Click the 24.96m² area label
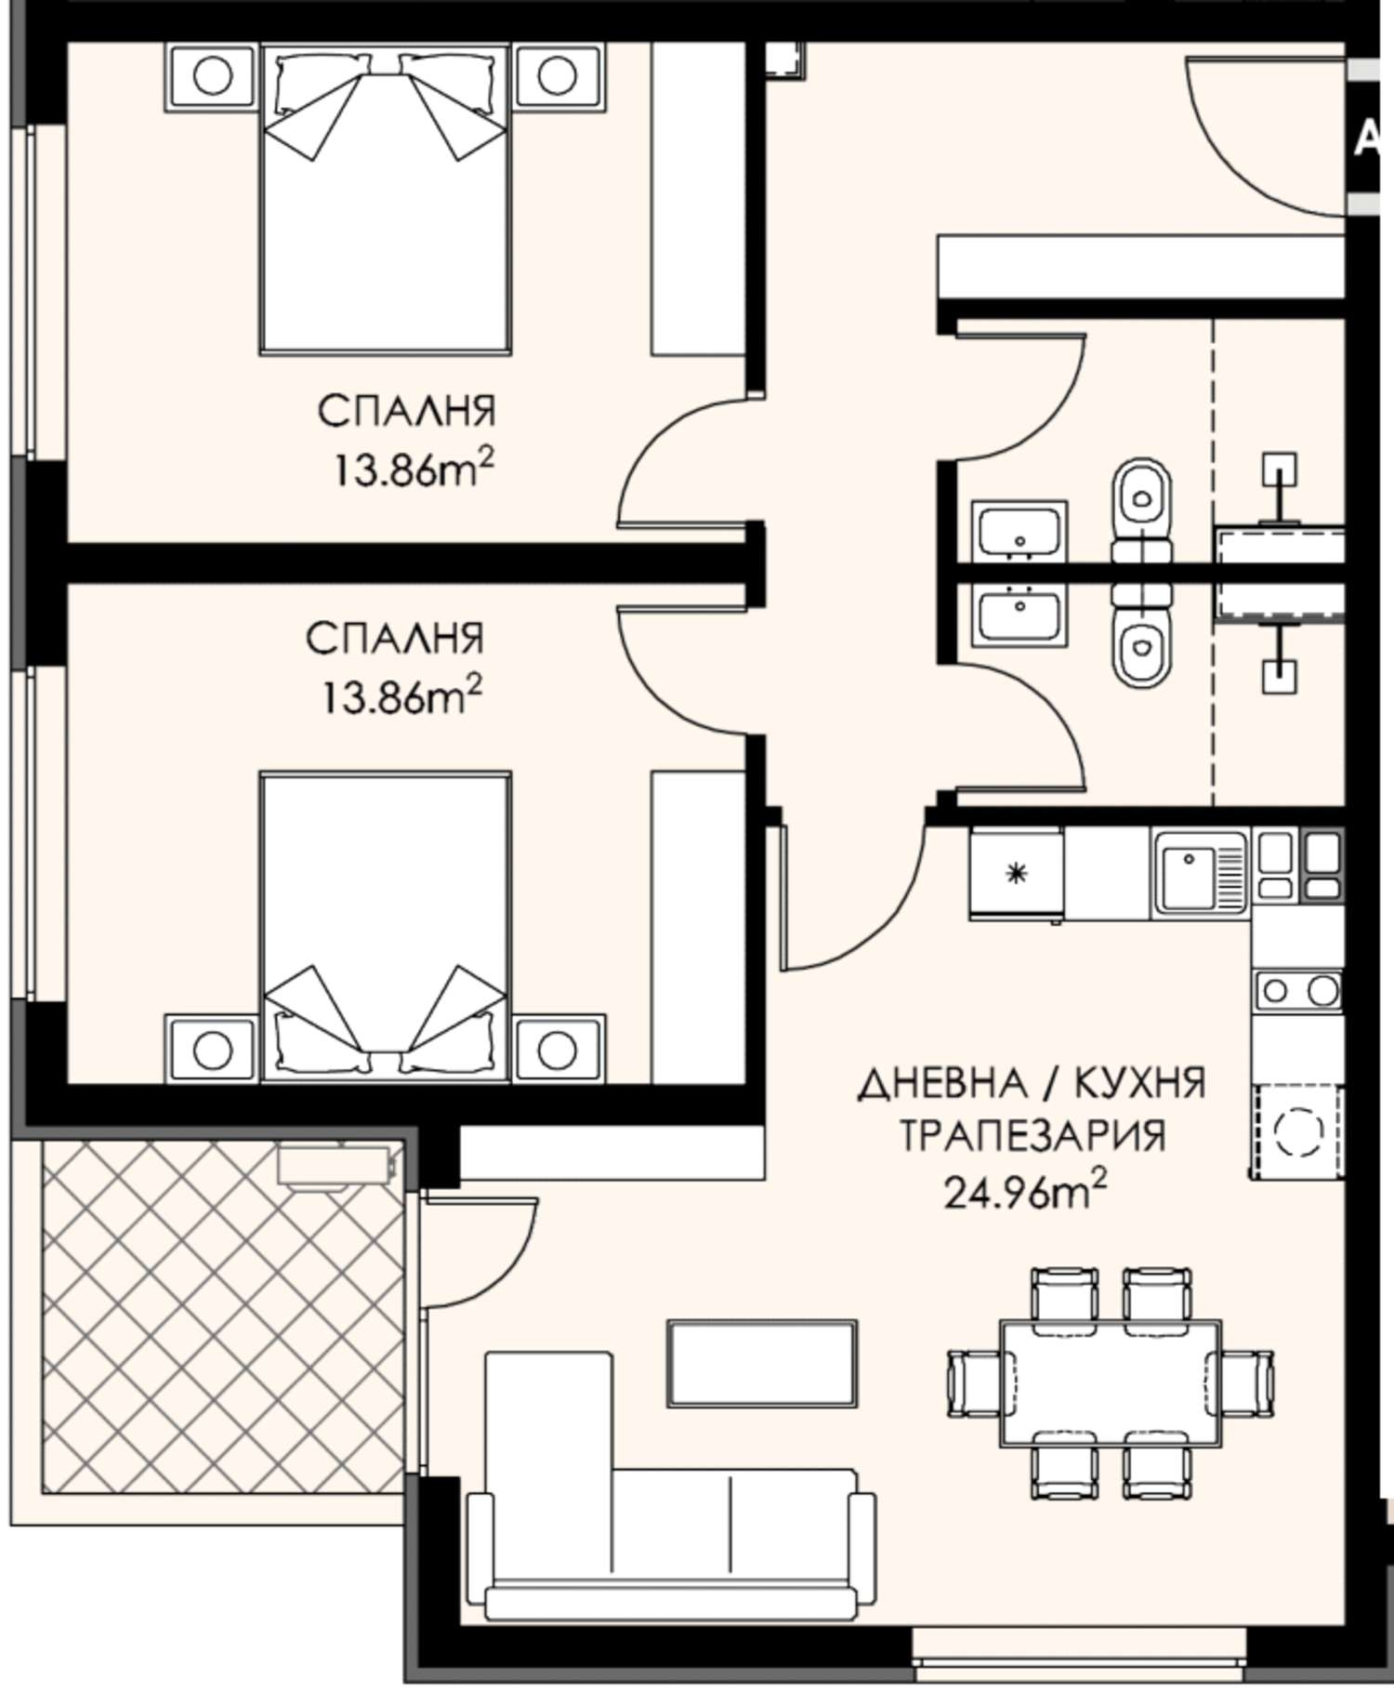pos(1025,1189)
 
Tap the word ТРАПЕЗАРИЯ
pos(1032,1135)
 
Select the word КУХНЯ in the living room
pos(1140,1083)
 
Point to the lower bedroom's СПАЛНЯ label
pos(395,639)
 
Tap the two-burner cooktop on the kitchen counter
pos(1297,991)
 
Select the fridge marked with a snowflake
pos(1017,874)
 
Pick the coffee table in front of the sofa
pos(763,1363)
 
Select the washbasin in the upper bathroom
pos(1019,531)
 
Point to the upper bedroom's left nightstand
pos(211,77)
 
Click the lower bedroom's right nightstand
pos(558,1049)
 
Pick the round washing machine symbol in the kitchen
pos(1297,1131)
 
